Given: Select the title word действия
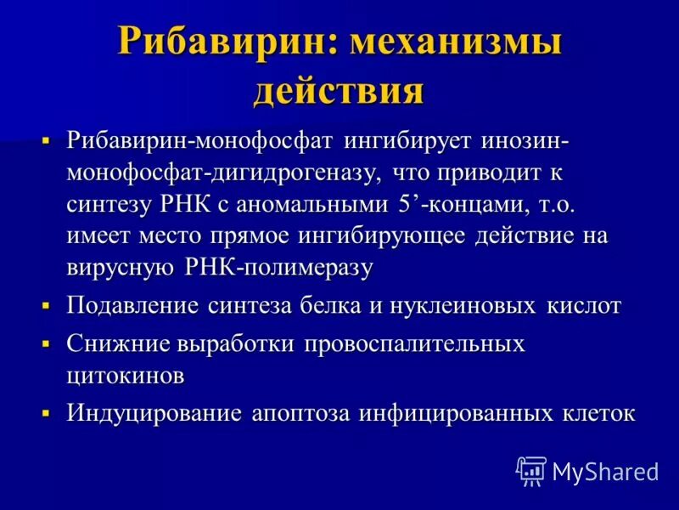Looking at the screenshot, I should [339, 90].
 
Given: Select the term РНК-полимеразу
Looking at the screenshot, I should [278, 268].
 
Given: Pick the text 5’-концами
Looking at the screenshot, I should [448, 204].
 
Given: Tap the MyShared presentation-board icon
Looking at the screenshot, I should [531, 470].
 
